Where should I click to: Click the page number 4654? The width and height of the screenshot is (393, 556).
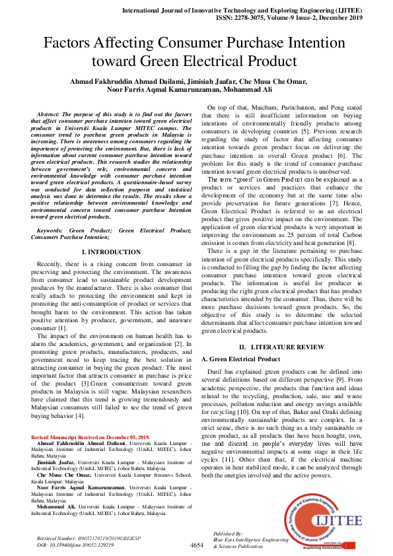point(197,545)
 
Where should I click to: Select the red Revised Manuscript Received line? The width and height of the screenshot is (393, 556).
point(90,438)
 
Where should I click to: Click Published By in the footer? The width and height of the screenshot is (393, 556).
point(229,533)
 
